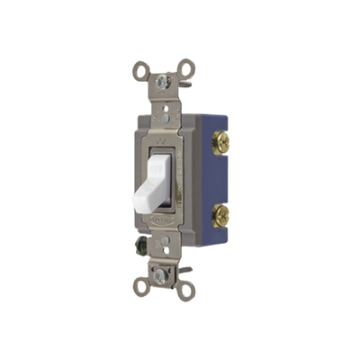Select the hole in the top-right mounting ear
click(186, 65)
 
